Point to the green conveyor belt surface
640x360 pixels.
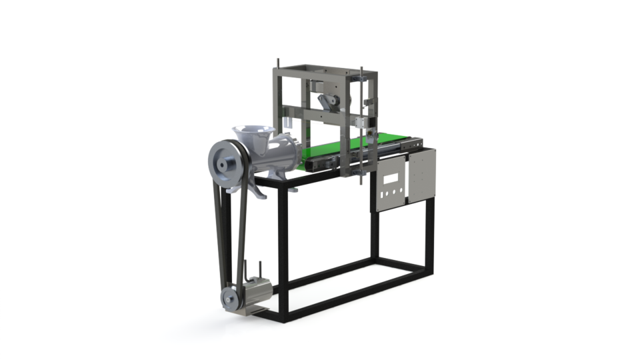[x=333, y=151]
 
